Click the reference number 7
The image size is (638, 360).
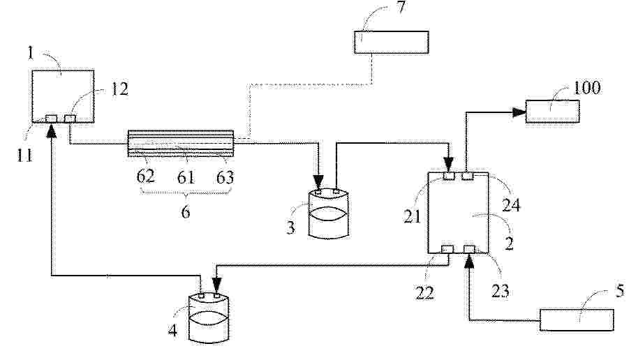coord(401,7)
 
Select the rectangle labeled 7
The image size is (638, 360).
coord(391,42)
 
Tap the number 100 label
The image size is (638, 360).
coord(587,87)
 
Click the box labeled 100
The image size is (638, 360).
coord(552,111)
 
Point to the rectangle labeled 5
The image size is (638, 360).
coord(577,320)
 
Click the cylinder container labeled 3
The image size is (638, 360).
coord(328,213)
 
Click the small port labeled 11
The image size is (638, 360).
coord(51,119)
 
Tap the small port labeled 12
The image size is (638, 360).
coord(70,119)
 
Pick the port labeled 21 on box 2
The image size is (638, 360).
coord(449,176)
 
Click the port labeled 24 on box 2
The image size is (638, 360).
coord(468,176)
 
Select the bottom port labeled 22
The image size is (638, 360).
coord(447,249)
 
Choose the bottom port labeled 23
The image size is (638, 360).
coord(469,249)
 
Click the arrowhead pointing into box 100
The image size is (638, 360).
coord(519,112)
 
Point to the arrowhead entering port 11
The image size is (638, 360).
coord(52,130)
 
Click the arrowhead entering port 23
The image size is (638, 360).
coord(469,260)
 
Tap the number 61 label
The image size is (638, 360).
coord(186,177)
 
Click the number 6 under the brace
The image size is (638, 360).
coord(186,211)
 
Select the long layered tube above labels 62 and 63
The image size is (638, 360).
coord(181,143)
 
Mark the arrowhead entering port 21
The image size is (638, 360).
coord(448,165)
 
